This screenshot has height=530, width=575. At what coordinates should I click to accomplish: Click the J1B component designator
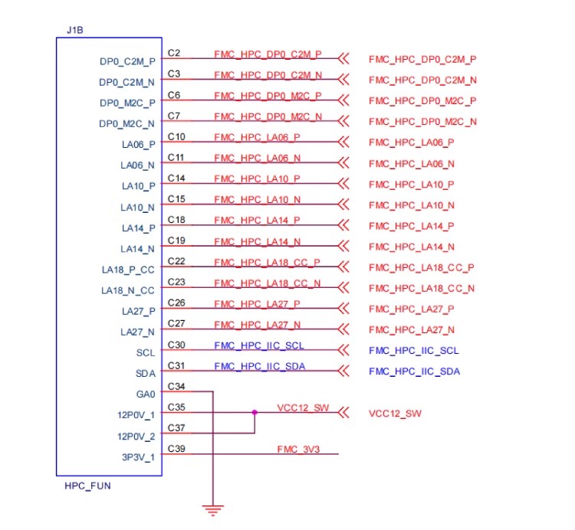pos(75,30)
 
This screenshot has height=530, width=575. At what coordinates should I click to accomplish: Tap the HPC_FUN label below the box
pos(87,486)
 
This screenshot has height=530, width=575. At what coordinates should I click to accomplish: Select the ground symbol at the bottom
pos(212,510)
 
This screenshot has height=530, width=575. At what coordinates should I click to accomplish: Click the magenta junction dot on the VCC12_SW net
pos(255,412)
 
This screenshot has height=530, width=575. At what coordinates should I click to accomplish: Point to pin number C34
pos(176,387)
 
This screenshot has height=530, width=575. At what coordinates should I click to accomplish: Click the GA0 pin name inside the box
pos(146,394)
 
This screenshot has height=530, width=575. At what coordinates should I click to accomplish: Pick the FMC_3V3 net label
pos(298,449)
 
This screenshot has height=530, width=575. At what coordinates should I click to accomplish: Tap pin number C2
pos(174,53)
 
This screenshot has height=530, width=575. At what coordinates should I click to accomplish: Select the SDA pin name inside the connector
pos(146,374)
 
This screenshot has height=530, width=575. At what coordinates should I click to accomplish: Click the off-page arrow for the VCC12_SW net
pos(343,413)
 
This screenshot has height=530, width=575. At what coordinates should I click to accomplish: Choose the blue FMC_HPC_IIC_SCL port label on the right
pos(414,351)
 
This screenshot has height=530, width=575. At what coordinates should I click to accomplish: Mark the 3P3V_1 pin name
pos(138,457)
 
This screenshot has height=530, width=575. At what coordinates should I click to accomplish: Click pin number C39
pos(176,449)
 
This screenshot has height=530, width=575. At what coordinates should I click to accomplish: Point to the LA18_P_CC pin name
pos(128,270)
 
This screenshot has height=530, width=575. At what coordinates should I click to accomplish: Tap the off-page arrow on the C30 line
pos(343,350)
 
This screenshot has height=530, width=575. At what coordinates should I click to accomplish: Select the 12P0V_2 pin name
pos(136,437)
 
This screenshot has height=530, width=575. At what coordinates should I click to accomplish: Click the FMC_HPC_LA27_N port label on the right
pos(412,330)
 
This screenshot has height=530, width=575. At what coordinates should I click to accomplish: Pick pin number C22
pos(176,261)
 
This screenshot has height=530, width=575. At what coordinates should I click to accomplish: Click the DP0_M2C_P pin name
pos(127,103)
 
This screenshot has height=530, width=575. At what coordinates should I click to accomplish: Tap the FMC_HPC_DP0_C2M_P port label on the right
pos(422,59)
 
